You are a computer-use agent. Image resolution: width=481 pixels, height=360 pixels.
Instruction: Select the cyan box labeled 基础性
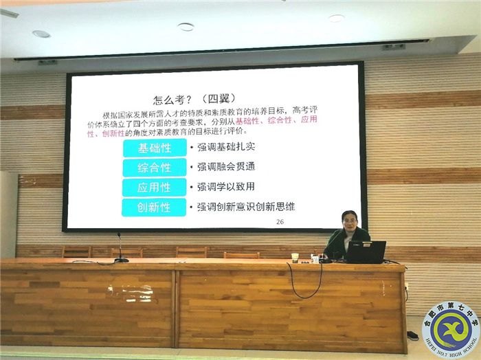pyautogui.click(x=154, y=148)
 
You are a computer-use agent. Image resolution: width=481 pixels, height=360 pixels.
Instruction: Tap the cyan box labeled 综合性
pyautogui.click(x=154, y=168)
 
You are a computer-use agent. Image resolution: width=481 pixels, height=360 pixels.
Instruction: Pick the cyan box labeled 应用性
pyautogui.click(x=154, y=187)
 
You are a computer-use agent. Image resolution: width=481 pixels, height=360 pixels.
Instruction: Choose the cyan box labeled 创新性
pyautogui.click(x=154, y=207)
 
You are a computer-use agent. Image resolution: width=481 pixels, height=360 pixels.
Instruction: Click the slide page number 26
pyautogui.click(x=280, y=221)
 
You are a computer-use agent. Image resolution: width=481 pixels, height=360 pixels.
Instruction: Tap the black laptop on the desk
pyautogui.click(x=364, y=252)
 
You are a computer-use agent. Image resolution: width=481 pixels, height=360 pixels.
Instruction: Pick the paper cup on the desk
pyautogui.click(x=295, y=258)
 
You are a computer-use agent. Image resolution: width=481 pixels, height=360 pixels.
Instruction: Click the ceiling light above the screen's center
pyautogui.click(x=186, y=27)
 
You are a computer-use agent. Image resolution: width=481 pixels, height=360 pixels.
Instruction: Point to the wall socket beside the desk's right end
pyautogui.click(x=407, y=286)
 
